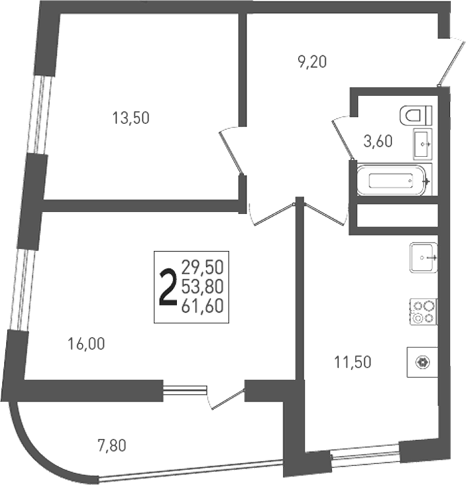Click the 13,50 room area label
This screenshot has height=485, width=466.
click(x=131, y=118)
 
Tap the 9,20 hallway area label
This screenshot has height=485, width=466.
click(x=312, y=62)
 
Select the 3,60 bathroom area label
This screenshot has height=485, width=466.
click(x=378, y=142)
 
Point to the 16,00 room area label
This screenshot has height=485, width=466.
click(x=86, y=344)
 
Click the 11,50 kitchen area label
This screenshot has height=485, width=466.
click(x=352, y=362)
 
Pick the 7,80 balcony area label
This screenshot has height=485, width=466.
click(x=112, y=446)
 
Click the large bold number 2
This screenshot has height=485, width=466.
click(x=167, y=288)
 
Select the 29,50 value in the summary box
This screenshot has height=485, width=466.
click(x=202, y=268)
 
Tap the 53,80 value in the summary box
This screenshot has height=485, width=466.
click(x=202, y=287)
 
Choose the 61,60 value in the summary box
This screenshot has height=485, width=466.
click(x=202, y=306)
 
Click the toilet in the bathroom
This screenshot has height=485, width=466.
click(x=416, y=116)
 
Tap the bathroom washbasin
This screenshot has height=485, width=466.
click(x=423, y=144)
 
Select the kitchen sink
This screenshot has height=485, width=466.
click(x=423, y=257)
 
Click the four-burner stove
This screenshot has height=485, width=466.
click(x=423, y=312)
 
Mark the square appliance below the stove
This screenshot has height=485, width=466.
click(x=422, y=362)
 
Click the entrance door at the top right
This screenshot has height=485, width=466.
click(x=452, y=61)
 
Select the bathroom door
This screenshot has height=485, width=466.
click(x=342, y=138)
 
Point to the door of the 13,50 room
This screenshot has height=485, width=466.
click(x=230, y=151)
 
